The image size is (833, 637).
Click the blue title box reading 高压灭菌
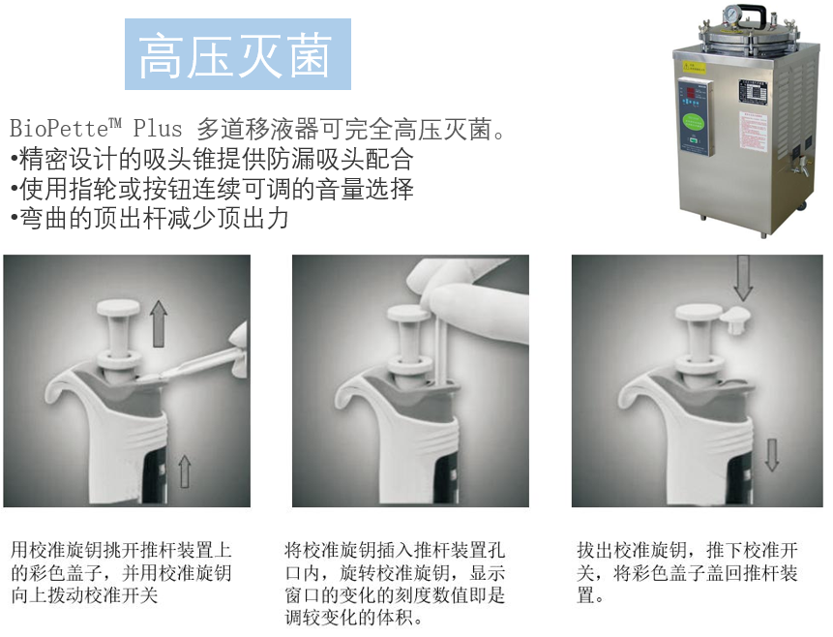pos(237,54)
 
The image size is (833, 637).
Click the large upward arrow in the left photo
pos(160,319)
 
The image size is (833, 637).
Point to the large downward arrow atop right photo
pos(743,277)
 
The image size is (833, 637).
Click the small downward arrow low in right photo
pos(771,453)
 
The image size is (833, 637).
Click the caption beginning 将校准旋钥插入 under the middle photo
pos(395,583)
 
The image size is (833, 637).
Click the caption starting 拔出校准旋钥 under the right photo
pos(687,572)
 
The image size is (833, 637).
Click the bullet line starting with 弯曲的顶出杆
pos(150,218)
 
